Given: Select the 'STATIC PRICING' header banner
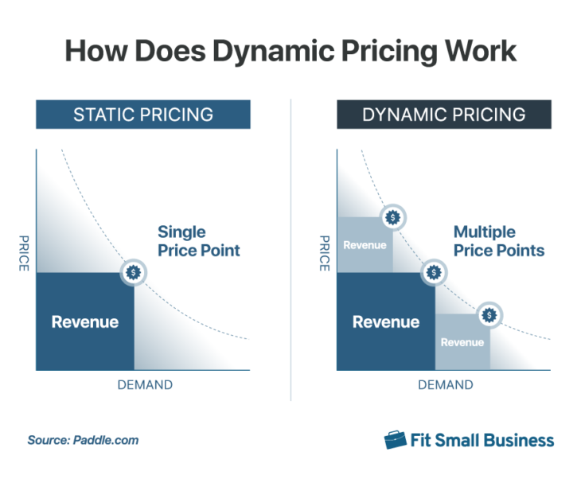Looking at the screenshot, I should pos(143,114).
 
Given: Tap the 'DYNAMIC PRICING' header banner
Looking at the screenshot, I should pos(443,114).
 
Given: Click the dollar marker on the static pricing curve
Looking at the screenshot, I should pos(134,272).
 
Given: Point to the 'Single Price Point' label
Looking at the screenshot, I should pos(198,241).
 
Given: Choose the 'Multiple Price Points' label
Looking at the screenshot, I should pos(498,241).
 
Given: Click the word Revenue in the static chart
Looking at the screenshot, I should pos(85,322).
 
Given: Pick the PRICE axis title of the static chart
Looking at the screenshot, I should pos(23,253).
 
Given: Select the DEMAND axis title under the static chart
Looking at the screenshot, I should pos(145,385).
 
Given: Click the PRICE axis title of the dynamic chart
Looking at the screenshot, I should pos(324,253).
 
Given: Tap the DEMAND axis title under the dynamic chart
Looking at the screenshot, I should pos(445,385).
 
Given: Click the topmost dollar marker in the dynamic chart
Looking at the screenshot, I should pos(393,216).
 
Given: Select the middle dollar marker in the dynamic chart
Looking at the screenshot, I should pos(434,272).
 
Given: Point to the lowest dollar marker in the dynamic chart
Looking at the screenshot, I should pos(489,314).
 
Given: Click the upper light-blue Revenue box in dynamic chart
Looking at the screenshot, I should pos(365,245).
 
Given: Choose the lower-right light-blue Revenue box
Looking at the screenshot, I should pos(462,342).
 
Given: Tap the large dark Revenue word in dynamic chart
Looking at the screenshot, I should pos(386,322).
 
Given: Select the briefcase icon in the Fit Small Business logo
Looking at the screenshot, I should pos(394,440).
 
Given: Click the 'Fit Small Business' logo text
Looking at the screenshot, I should pos(482,440).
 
